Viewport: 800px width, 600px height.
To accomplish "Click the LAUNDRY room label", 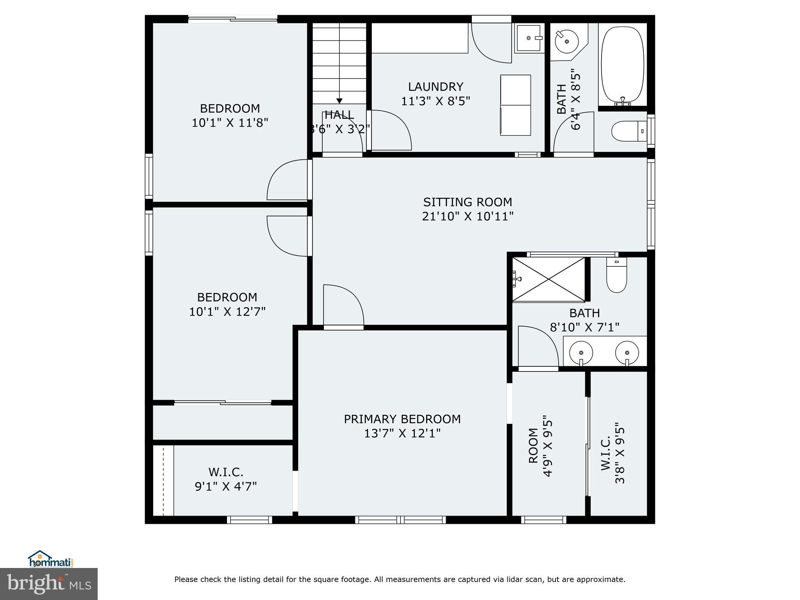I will click(x=436, y=87).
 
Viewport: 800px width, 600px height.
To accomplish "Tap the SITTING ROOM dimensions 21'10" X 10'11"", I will click(x=468, y=216).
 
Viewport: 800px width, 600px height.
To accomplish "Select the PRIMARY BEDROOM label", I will click(x=402, y=419).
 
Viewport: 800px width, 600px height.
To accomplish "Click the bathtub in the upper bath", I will click(x=622, y=64).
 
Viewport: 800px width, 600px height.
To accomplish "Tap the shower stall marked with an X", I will click(x=548, y=279).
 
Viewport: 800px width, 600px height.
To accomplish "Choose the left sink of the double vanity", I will click(x=581, y=352).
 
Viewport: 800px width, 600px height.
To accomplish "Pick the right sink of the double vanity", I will click(x=627, y=352).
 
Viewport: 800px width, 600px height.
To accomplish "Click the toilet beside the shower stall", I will click(x=616, y=275).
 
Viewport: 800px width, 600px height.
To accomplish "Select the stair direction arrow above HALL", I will click(x=339, y=100).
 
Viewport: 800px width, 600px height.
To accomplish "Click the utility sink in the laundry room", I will click(x=529, y=38).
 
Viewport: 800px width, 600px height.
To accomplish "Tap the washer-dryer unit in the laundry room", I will click(x=515, y=105).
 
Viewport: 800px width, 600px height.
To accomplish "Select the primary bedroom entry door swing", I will click(x=343, y=306).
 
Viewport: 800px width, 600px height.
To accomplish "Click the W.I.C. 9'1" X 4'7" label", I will click(x=225, y=472).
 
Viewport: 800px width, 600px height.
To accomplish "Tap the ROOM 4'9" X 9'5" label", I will click(x=534, y=445).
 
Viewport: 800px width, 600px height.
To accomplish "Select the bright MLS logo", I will click(x=48, y=584).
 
